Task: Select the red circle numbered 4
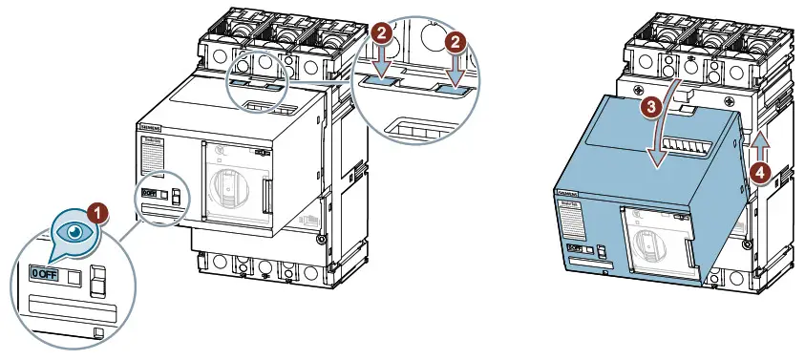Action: (x=758, y=173)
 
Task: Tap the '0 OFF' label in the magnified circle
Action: (x=44, y=275)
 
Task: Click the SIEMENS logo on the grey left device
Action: (x=151, y=128)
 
